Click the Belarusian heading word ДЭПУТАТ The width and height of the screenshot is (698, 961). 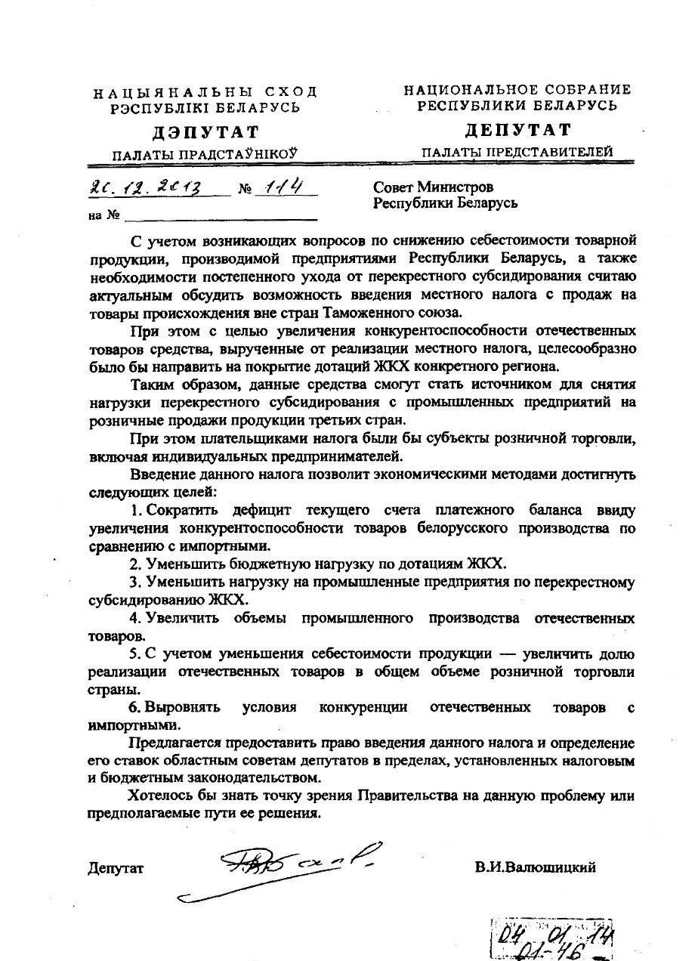click(205, 133)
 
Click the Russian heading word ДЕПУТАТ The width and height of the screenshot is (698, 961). click(517, 130)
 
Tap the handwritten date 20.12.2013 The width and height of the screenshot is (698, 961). click(150, 187)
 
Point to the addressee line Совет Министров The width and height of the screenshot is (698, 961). click(433, 187)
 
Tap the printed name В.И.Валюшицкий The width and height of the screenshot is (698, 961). click(535, 867)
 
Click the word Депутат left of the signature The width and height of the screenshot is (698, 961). click(116, 868)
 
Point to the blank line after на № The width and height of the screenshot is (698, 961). click(221, 216)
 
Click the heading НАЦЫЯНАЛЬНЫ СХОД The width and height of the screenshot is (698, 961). click(205, 92)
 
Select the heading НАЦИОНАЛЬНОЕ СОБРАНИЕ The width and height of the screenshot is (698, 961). click(517, 90)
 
